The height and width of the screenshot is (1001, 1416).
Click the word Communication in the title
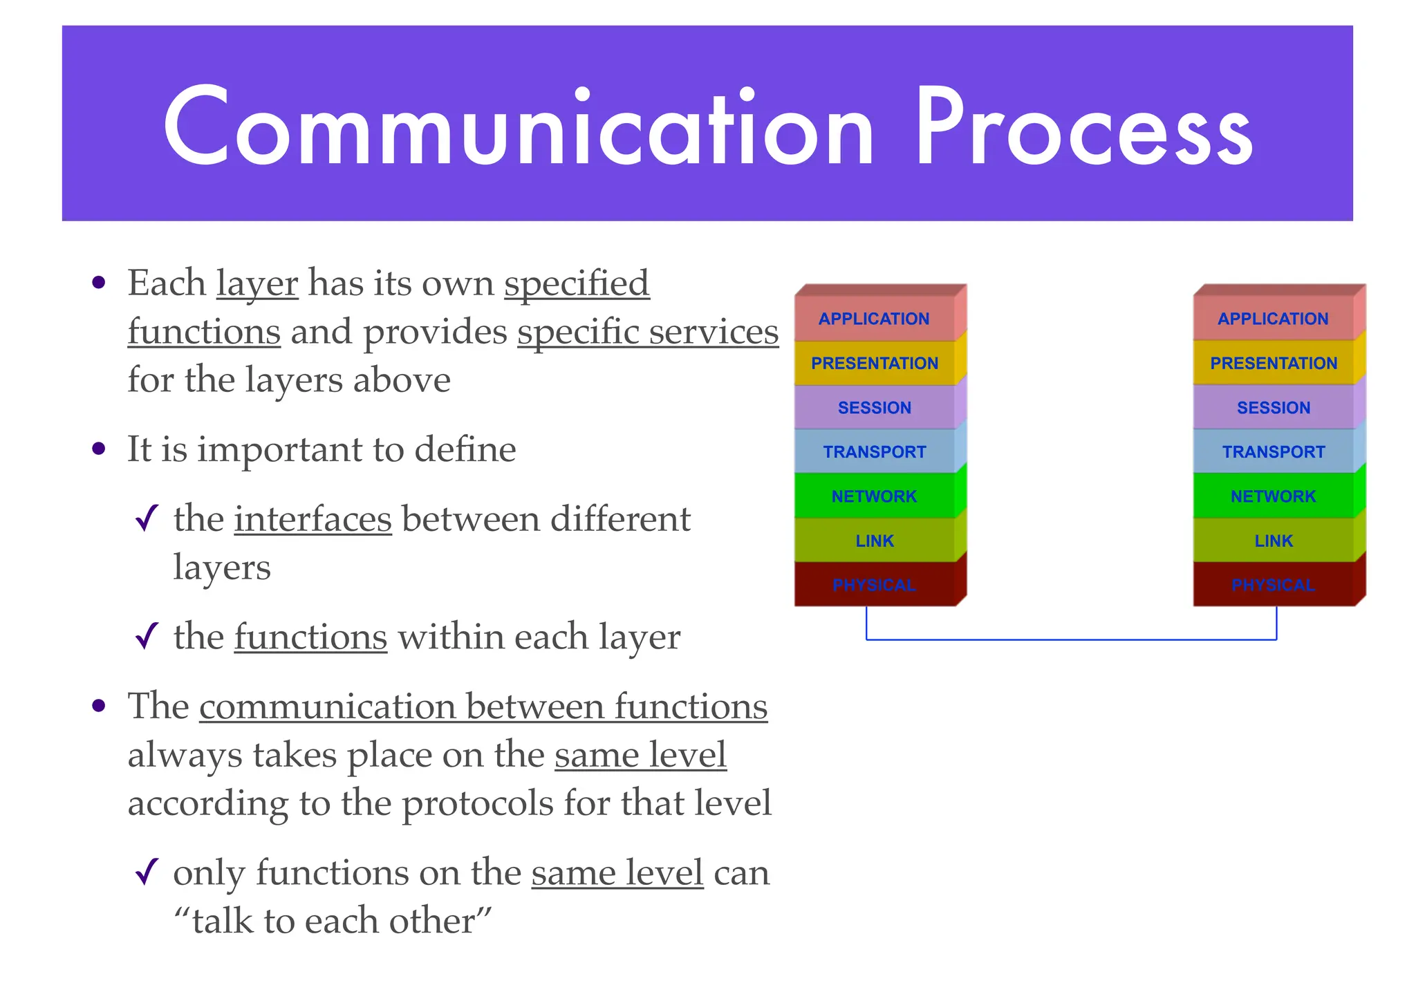(519, 128)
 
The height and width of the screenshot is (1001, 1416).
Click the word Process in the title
(1084, 128)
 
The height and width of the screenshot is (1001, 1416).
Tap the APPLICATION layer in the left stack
(874, 319)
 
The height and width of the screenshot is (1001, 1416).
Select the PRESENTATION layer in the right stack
(1273, 363)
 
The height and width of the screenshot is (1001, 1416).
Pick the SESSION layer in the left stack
(874, 408)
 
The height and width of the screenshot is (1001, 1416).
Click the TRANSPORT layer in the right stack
(1273, 452)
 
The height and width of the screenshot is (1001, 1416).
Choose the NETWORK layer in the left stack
(874, 496)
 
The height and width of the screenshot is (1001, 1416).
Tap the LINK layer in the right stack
(1273, 541)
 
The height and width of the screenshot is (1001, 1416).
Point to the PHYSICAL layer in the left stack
(874, 585)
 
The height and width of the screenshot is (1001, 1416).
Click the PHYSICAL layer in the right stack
(1273, 585)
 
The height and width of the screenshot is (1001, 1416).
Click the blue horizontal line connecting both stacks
(1072, 639)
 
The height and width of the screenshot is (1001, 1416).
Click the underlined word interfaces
(313, 519)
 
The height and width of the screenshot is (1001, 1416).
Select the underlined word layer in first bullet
(257, 284)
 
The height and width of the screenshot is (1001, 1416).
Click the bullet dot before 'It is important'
(99, 449)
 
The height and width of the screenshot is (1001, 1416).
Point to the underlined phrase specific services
(647, 332)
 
